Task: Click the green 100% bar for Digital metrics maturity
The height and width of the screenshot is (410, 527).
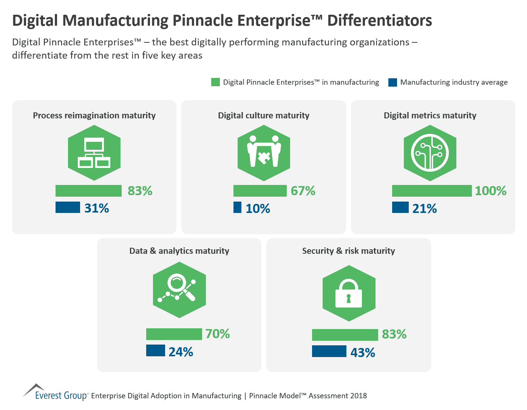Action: pyautogui.click(x=431, y=191)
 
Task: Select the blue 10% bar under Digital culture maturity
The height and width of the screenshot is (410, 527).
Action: pyautogui.click(x=237, y=207)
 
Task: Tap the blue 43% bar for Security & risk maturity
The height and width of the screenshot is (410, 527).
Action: pyautogui.click(x=329, y=351)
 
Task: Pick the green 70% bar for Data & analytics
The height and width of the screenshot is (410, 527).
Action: pyautogui.click(x=174, y=334)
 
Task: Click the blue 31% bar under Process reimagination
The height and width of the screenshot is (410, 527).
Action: pyautogui.click(x=68, y=207)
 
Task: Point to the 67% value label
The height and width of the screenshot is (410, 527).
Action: pyautogui.click(x=303, y=191)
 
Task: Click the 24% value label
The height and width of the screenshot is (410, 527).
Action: pyautogui.click(x=181, y=352)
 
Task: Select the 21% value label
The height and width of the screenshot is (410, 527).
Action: pyautogui.click(x=424, y=208)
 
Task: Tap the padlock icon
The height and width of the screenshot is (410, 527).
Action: pyautogui.click(x=349, y=294)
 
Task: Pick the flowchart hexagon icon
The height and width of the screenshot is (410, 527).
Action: pyautogui.click(x=94, y=153)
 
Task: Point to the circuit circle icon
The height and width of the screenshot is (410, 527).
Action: pyautogui.click(x=430, y=153)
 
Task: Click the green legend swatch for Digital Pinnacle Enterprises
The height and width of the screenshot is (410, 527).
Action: pyautogui.click(x=215, y=82)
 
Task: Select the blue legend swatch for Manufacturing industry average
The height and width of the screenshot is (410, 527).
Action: pyautogui.click(x=393, y=82)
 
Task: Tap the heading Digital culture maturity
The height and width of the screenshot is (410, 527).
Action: pyautogui.click(x=263, y=115)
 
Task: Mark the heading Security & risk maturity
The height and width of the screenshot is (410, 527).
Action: pyautogui.click(x=348, y=251)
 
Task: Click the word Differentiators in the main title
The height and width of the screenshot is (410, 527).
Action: pyautogui.click(x=379, y=20)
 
